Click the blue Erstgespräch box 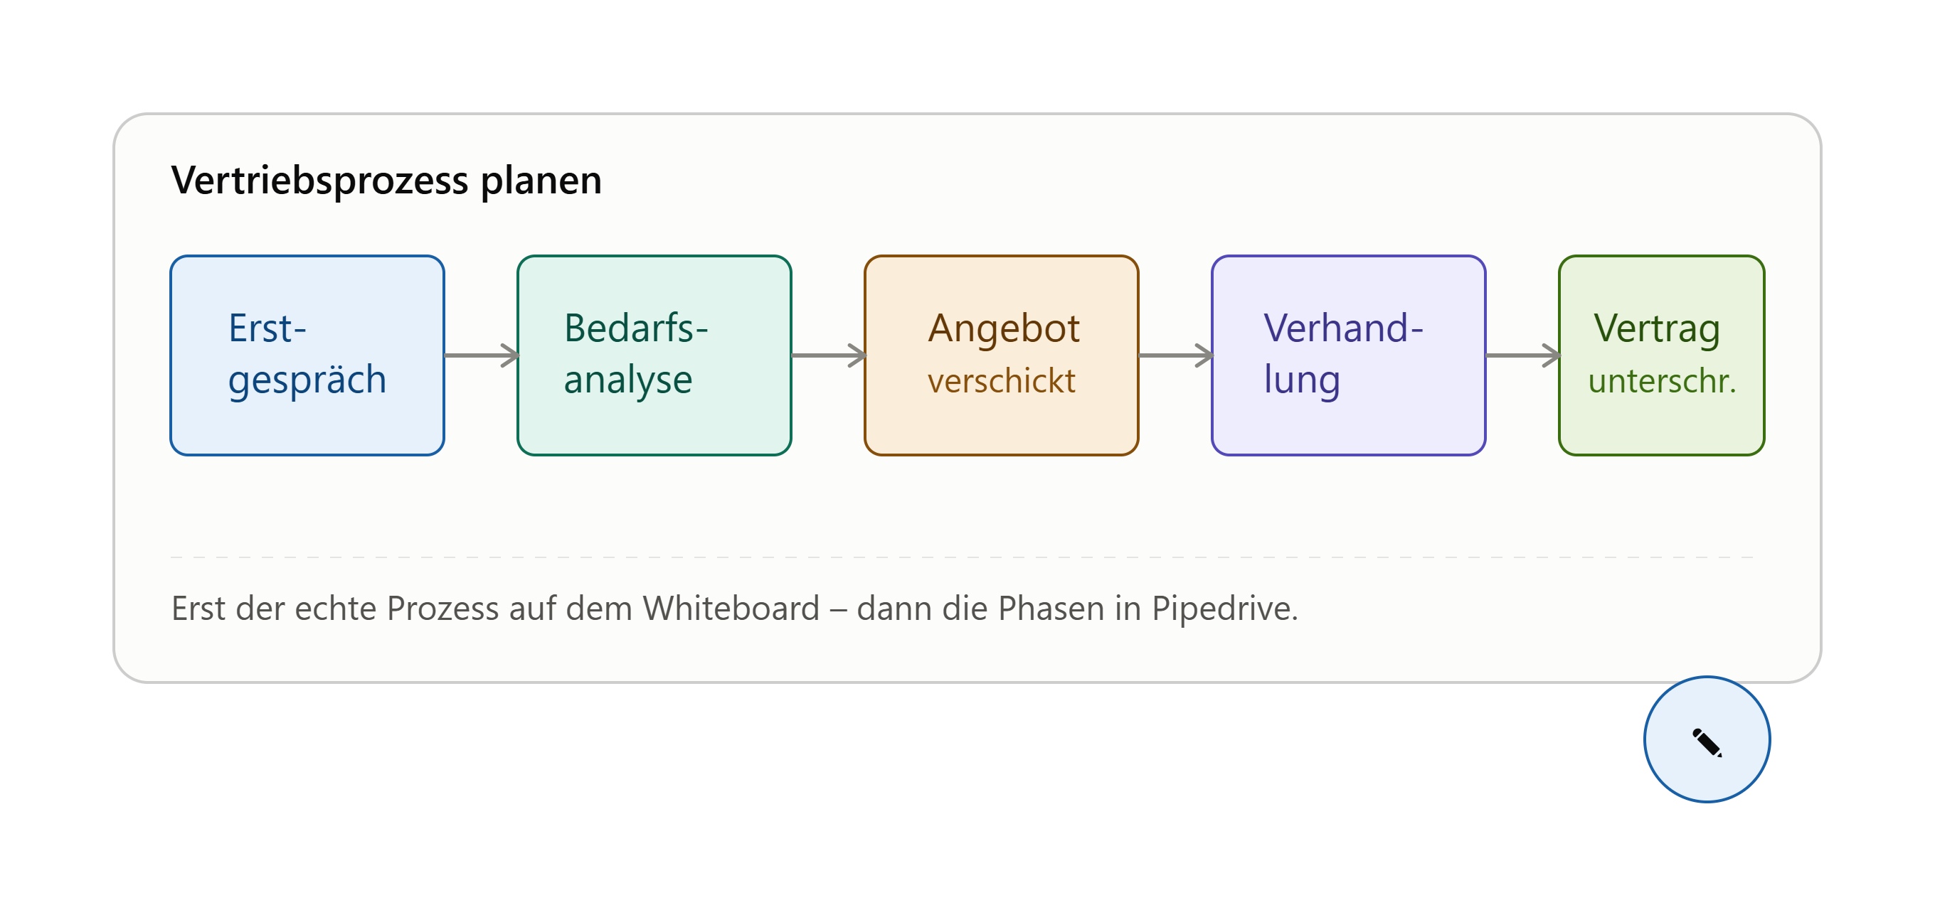[307, 355]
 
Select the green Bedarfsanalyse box [654, 355]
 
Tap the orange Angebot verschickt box [1002, 355]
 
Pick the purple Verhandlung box [1348, 355]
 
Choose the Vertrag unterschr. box [1662, 355]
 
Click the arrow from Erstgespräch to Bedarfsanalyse [482, 355]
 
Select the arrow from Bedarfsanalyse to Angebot [829, 355]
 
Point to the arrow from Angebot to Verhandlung [1175, 355]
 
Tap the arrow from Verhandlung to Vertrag [1522, 355]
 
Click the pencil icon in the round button [1707, 742]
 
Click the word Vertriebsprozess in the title [320, 181]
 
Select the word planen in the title [541, 181]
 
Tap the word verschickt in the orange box [1002, 380]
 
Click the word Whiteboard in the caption [731, 608]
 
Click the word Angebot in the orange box [1004, 330]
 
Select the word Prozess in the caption [442, 608]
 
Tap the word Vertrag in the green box [1657, 330]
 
